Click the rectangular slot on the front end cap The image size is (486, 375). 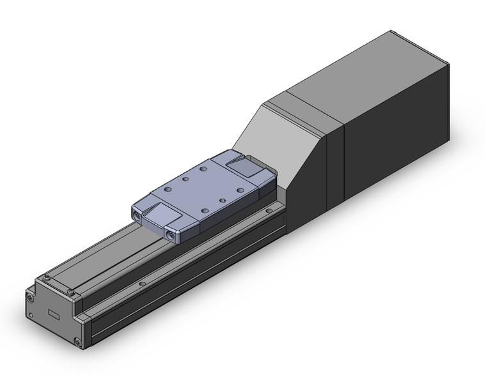55,314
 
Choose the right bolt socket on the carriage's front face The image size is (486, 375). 171,236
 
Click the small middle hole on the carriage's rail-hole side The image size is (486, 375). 222,201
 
